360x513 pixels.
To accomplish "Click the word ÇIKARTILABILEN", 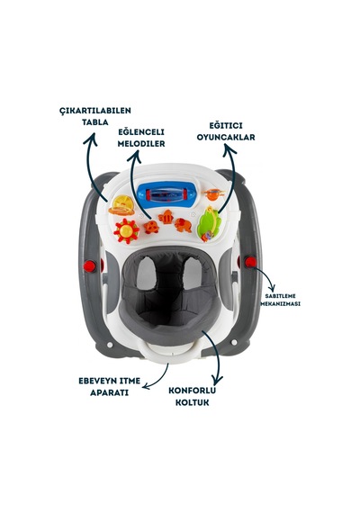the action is [x=95, y=111].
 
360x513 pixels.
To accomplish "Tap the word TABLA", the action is [x=94, y=122].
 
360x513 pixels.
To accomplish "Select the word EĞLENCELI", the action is [x=141, y=132].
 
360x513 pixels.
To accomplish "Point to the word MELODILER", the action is [x=141, y=144].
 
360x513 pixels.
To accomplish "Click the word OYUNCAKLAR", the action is [x=226, y=137].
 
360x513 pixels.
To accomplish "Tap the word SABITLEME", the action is [x=280, y=296].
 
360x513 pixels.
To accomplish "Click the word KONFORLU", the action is [x=192, y=391].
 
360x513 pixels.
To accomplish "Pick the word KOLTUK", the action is [x=192, y=402].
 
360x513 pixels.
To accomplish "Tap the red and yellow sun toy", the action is [x=126, y=231].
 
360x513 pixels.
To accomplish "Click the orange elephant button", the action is [x=183, y=225].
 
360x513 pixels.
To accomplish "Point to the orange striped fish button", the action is [x=166, y=217].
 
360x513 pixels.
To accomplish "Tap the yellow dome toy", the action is [x=122, y=205].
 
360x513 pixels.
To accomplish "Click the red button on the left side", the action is [x=89, y=266].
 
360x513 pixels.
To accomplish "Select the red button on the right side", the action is [x=251, y=262].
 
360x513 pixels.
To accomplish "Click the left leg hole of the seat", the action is [x=147, y=274].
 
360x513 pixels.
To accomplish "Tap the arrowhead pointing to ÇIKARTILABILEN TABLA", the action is [x=90, y=139].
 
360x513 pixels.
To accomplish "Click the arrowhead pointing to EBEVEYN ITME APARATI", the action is [x=146, y=386].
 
